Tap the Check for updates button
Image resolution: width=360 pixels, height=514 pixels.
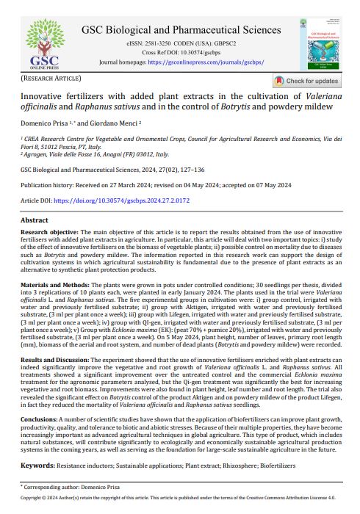[306, 81]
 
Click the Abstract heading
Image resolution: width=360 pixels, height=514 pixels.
[34, 220]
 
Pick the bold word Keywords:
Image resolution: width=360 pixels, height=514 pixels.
[37, 466]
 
